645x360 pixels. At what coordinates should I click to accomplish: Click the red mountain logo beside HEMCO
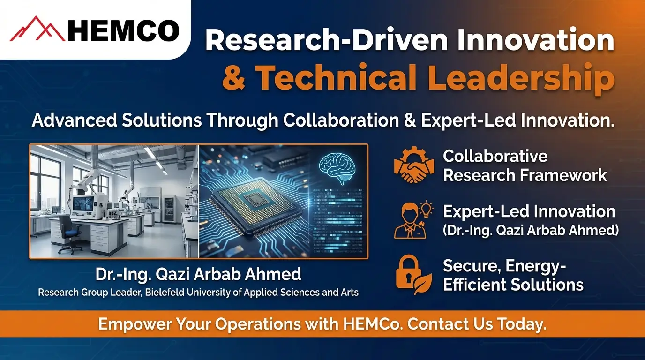[x=37, y=29]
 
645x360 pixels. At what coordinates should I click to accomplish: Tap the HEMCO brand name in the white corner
[x=123, y=31]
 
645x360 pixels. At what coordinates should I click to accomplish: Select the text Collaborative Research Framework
[x=525, y=165]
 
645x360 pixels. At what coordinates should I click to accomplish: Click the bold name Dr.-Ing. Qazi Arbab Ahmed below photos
[x=198, y=274]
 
